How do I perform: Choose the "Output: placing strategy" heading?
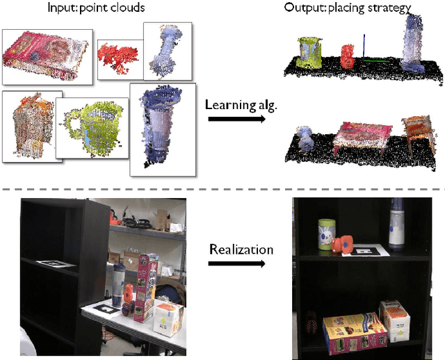(x=348, y=8)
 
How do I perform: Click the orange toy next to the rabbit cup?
(x=343, y=244)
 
